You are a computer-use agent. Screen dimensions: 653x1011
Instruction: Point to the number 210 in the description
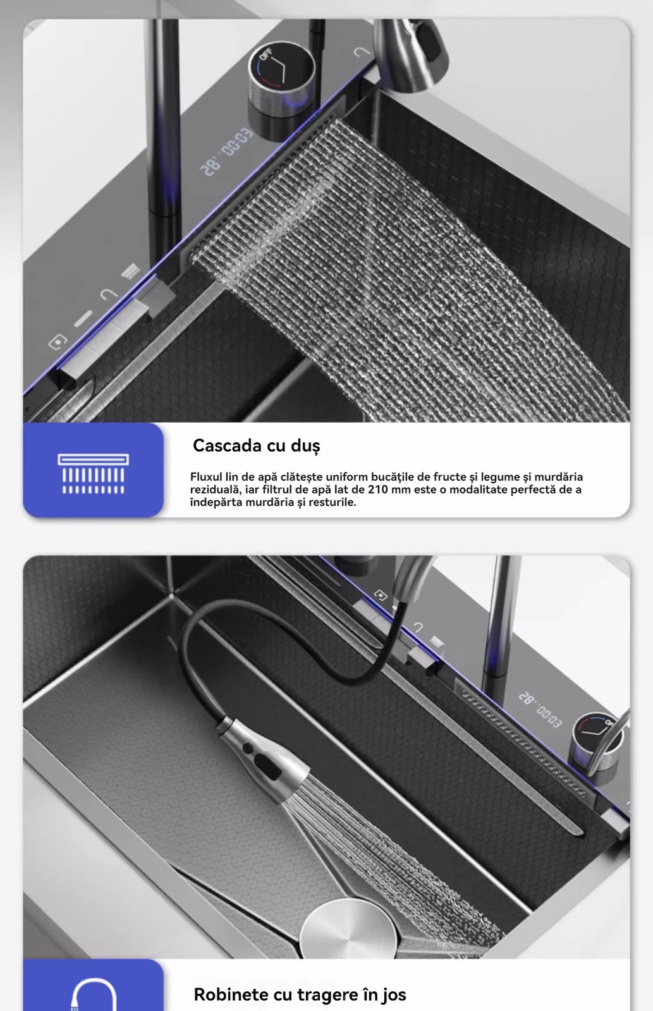[x=377, y=490]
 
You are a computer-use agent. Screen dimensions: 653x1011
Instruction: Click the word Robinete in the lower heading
[x=230, y=995]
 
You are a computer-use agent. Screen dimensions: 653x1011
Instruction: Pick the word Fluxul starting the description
[x=206, y=477]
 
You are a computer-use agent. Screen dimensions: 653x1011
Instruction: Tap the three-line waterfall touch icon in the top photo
[x=130, y=272]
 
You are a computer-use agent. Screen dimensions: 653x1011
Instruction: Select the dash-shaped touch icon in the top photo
[x=83, y=318]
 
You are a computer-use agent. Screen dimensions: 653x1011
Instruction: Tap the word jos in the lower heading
[x=394, y=995]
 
